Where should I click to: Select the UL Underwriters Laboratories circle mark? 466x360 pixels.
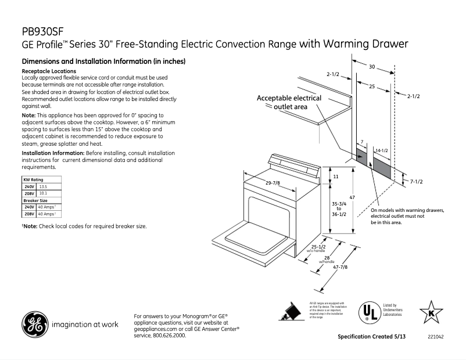[367, 312]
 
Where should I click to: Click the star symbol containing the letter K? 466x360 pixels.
[431, 312]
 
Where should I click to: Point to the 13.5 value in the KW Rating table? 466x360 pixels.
[42, 187]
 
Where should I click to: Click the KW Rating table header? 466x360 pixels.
[33, 181]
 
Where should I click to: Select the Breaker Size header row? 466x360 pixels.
[35, 200]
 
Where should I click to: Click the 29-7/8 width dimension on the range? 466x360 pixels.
[273, 183]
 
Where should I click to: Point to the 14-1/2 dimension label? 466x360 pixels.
[381, 150]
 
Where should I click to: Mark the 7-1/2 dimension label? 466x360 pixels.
[416, 182]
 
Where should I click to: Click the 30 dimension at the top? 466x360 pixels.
[371, 66]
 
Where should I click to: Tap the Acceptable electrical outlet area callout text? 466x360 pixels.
[289, 102]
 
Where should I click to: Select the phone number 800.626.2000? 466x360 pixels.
[169, 336]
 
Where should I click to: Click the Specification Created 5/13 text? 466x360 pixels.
[372, 337]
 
